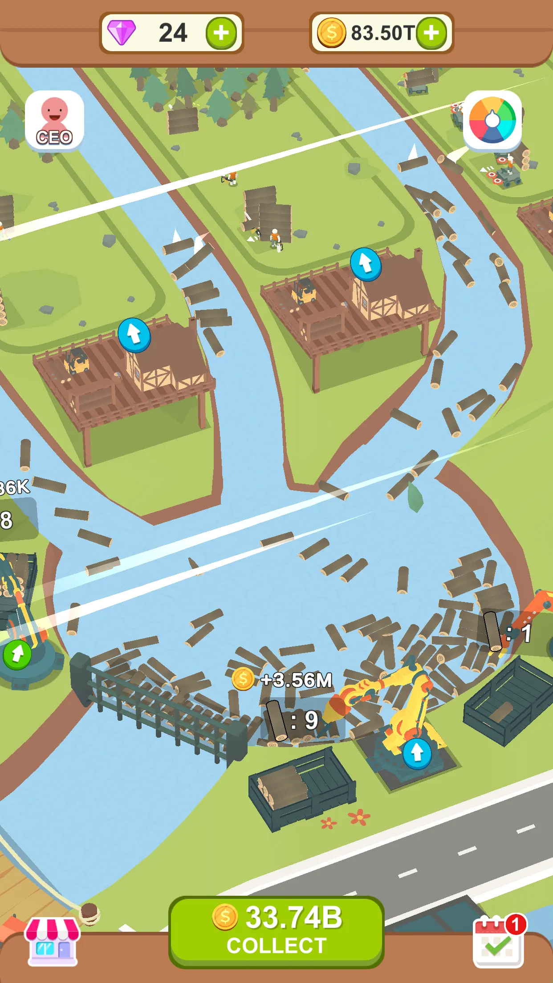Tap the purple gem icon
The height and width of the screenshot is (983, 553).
click(122, 32)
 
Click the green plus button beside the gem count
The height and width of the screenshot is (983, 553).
click(221, 33)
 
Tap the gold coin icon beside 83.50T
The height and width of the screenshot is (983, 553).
click(331, 33)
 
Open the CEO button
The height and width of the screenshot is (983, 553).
click(54, 120)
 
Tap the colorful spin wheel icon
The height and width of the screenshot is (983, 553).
click(492, 120)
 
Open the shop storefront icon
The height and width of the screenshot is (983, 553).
click(53, 941)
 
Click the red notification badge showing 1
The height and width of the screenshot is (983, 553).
click(516, 925)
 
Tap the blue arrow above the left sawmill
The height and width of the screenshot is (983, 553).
click(134, 335)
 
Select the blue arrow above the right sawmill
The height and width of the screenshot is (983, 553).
click(366, 264)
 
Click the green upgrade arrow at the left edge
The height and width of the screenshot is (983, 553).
click(17, 654)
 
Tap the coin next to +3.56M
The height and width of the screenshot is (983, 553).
click(243, 679)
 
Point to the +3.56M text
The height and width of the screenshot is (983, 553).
click(297, 680)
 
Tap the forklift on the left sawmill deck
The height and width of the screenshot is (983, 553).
click(77, 361)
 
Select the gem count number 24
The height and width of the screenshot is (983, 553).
click(173, 33)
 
